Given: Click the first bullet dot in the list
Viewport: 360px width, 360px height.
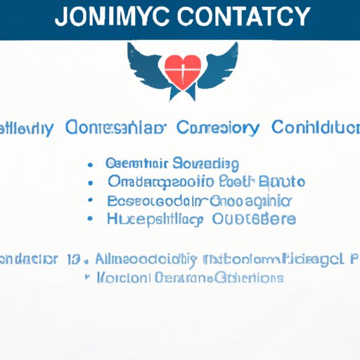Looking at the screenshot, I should [x=91, y=165].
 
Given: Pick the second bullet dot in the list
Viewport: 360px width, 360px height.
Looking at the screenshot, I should [x=91, y=183].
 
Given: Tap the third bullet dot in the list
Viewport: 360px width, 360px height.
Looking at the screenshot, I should [x=91, y=200].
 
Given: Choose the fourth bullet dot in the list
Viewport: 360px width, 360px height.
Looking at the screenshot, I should [x=91, y=218].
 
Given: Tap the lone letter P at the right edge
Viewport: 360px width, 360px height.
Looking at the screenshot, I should [x=351, y=258].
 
